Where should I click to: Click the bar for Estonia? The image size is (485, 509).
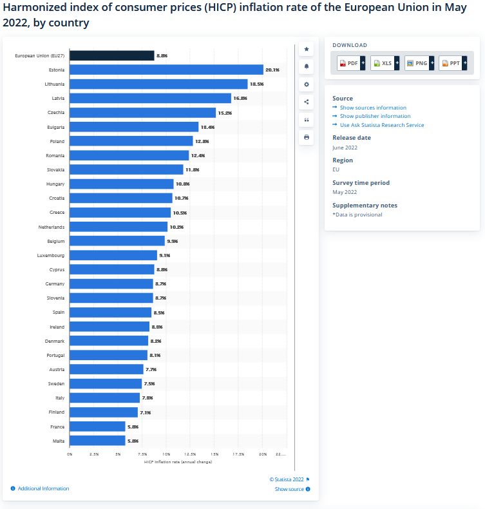[x=166, y=70]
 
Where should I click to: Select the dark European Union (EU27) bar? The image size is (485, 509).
[x=111, y=55]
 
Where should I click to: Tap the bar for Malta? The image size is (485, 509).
[x=97, y=440]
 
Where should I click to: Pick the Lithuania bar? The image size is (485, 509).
[x=158, y=84]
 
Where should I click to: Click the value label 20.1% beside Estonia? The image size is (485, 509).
[x=272, y=70]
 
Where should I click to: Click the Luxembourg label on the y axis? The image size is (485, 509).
[x=51, y=255]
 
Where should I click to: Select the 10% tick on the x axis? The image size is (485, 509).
[x=166, y=454]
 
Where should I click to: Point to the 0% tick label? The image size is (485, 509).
[x=70, y=454]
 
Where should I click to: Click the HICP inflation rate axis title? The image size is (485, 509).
[x=178, y=461]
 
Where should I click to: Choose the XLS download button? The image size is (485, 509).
[x=385, y=63]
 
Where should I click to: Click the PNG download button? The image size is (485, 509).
[x=419, y=63]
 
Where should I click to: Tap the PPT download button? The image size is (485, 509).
[x=452, y=63]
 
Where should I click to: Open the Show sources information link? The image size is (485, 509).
[x=373, y=108]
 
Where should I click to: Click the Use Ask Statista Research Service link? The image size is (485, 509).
[x=382, y=125]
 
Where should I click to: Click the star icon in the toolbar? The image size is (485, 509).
[x=307, y=49]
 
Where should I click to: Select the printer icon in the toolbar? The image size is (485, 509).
[x=307, y=137]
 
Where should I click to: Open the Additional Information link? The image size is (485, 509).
[x=43, y=488]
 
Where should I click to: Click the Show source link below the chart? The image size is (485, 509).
[x=289, y=489]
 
